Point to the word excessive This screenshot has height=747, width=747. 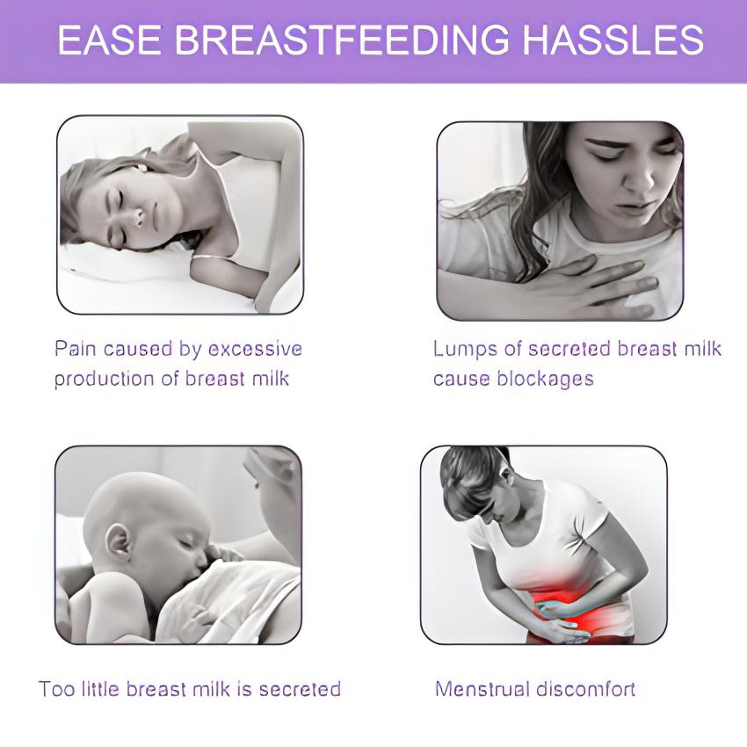coord(254,349)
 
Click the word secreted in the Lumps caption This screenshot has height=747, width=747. coord(569,349)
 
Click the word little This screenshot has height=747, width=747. coord(97,688)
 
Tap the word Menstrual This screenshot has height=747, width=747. coord(480,688)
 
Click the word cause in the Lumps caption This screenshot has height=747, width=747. coord(459,379)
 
